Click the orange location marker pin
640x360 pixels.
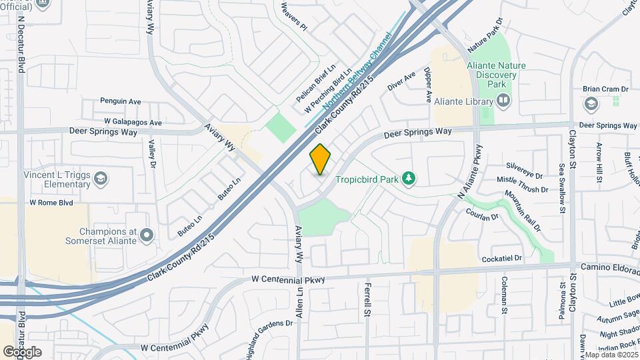(x=321, y=159)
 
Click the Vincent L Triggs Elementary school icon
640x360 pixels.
(x=99, y=178)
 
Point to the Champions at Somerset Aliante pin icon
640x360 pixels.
(x=147, y=235)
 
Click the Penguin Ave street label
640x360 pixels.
(x=121, y=101)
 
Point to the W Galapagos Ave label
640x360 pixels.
(x=133, y=123)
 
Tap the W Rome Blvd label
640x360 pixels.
(x=50, y=202)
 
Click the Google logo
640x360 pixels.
(x=22, y=351)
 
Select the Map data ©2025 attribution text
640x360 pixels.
(x=611, y=354)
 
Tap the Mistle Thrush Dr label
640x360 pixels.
(x=522, y=189)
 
